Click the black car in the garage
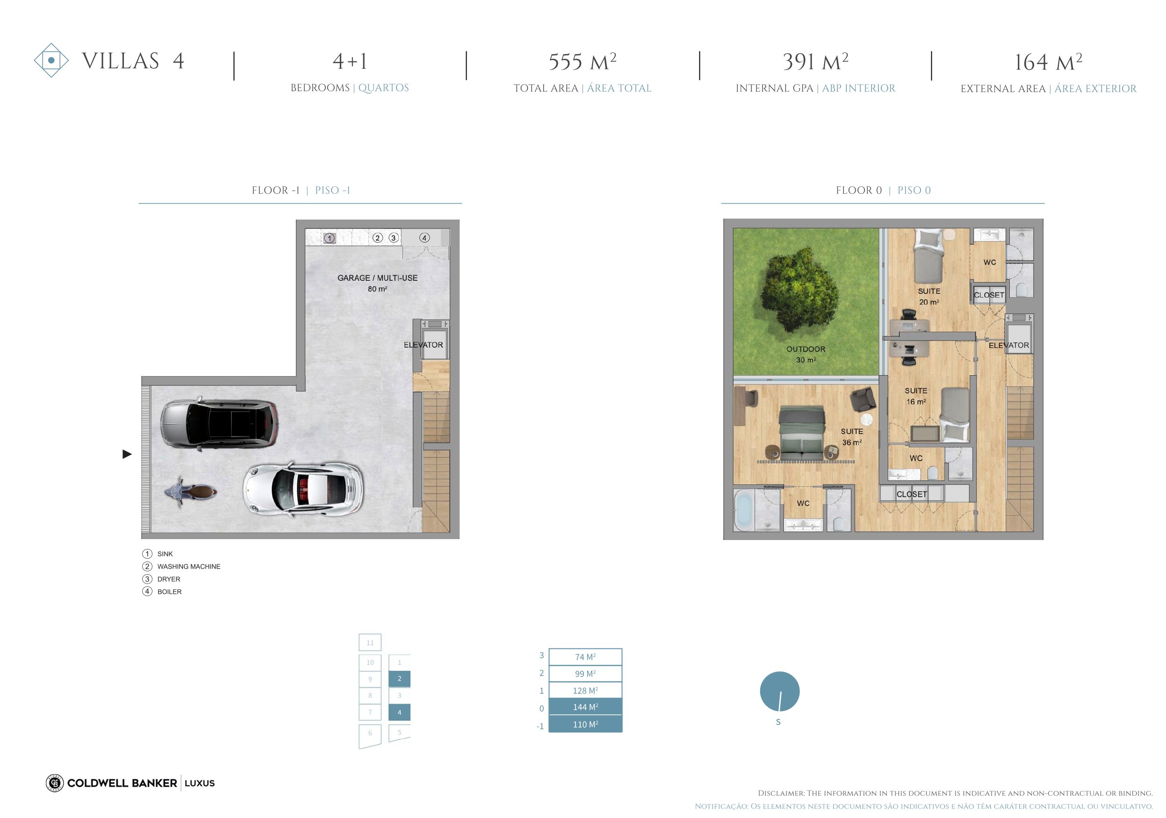coord(219,425)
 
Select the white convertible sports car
coord(303,489)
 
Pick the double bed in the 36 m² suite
coord(802,433)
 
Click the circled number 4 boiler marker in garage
coord(425,237)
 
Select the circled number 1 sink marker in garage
coord(330,238)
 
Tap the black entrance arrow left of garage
coord(127,454)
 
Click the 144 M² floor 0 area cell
coord(585,707)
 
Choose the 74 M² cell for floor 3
coord(585,657)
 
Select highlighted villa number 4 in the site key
coord(399,712)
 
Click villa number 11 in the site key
coord(370,642)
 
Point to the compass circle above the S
coord(779,691)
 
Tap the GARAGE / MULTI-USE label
coord(378,278)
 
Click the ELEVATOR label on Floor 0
coord(1008,345)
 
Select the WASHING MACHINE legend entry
coord(189,566)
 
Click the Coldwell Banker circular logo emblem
coord(54,783)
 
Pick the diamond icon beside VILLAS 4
coord(51,60)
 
